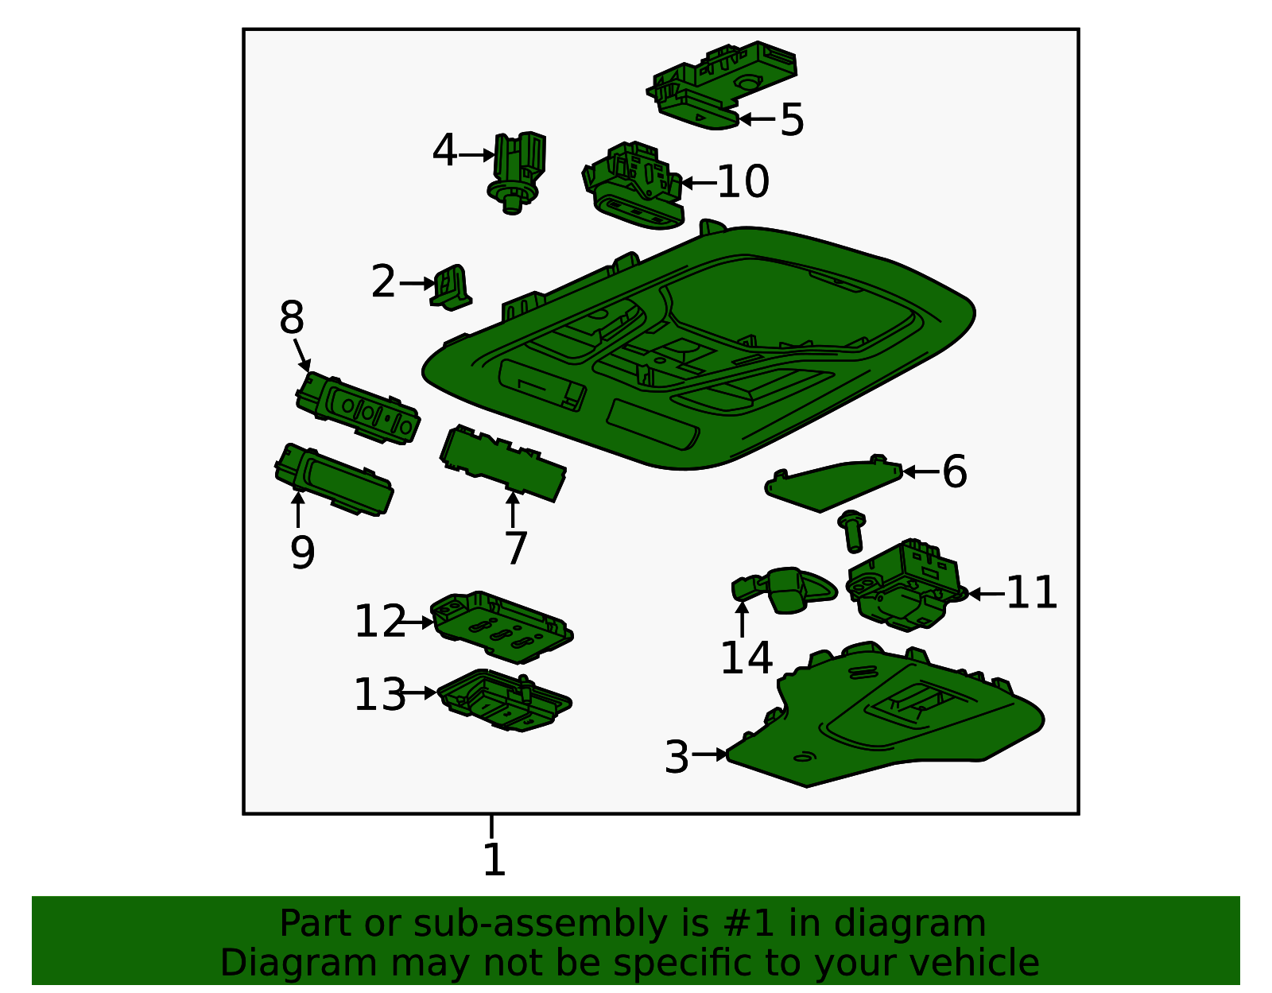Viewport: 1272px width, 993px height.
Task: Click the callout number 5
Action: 792,119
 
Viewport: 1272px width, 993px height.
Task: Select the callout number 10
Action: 743,181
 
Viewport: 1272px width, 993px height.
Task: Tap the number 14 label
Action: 747,657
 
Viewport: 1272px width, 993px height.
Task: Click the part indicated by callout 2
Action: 451,288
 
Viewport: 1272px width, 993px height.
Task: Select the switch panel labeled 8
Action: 359,407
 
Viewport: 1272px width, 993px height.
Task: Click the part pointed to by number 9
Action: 334,479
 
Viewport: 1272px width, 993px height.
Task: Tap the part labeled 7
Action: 502,463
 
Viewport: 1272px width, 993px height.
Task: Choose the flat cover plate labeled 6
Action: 834,483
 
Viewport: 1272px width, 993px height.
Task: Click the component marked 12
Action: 502,627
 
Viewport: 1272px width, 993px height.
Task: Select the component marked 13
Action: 505,700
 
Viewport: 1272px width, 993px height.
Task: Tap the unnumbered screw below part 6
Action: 851,531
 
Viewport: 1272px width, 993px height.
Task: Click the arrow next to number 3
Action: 709,754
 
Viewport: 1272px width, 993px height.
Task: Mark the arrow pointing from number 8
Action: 302,355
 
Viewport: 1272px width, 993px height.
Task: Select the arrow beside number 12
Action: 417,623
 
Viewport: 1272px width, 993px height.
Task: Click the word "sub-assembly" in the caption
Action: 541,923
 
